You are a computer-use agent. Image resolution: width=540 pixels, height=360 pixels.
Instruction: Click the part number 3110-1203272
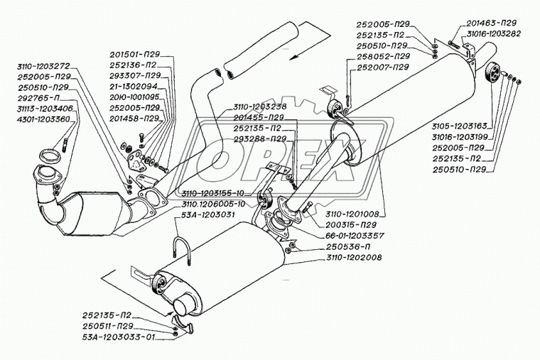click(x=43, y=66)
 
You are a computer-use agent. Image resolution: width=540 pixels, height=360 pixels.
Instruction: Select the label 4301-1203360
click(x=43, y=119)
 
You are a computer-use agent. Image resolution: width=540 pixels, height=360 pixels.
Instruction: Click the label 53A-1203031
click(x=208, y=214)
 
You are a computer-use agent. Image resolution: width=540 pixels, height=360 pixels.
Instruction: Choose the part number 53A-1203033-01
click(x=119, y=337)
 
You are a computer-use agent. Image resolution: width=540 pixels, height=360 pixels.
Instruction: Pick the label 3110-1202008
click(x=354, y=258)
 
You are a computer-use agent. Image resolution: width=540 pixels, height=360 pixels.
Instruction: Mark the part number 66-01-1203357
click(x=355, y=236)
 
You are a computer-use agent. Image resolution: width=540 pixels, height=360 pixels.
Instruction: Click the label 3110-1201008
click(x=352, y=214)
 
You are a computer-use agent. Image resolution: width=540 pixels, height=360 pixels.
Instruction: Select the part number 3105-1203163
click(x=459, y=126)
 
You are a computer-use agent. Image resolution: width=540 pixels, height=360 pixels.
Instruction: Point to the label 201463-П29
click(x=492, y=23)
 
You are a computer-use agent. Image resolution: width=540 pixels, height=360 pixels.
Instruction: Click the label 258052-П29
click(x=383, y=56)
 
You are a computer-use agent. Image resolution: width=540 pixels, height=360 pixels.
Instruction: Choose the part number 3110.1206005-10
click(x=213, y=204)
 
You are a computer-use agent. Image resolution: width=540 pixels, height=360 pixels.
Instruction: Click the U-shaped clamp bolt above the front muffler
click(x=181, y=251)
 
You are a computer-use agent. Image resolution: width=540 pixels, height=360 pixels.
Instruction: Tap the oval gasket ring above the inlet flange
click(x=50, y=156)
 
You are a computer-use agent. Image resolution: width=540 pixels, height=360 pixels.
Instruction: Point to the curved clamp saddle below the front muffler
click(x=183, y=323)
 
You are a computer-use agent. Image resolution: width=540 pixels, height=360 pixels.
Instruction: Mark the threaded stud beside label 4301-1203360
click(x=65, y=144)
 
